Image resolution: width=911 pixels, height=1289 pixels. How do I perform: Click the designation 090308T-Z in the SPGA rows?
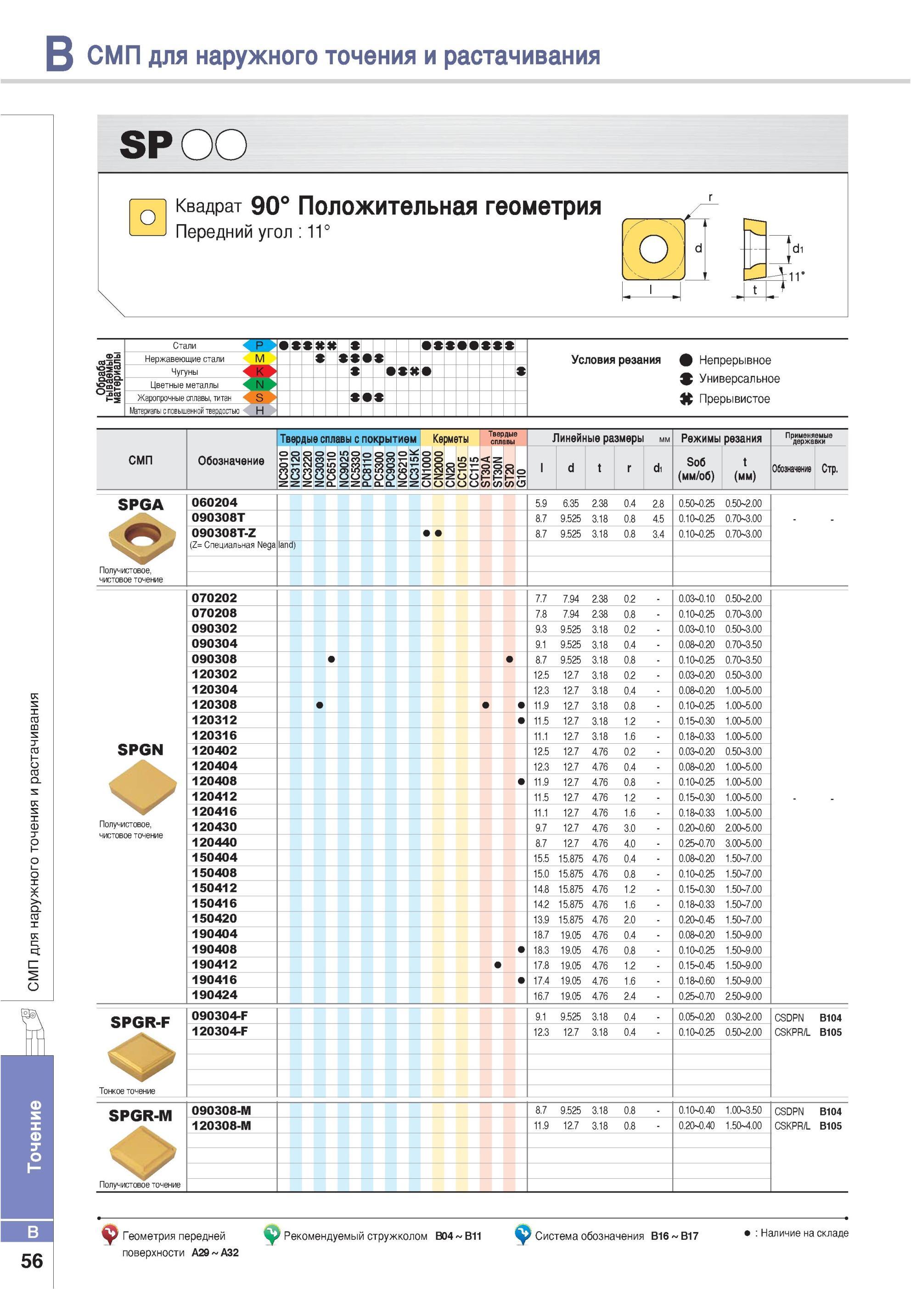(224, 532)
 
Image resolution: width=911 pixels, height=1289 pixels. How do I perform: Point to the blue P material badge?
(259, 345)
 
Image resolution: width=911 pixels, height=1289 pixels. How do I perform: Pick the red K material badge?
(259, 371)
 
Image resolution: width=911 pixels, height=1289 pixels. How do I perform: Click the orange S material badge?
(259, 397)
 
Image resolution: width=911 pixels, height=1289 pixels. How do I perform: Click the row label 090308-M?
(221, 1110)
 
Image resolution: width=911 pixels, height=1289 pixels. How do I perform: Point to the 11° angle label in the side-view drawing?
(796, 276)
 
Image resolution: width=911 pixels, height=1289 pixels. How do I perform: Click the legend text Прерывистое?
(734, 399)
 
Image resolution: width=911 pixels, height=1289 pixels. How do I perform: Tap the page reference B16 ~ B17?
(674, 1236)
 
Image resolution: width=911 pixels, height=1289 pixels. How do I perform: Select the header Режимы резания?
(721, 438)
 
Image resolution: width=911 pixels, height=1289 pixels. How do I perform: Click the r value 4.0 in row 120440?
(629, 843)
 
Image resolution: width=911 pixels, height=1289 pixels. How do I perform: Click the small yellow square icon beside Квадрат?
(147, 217)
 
